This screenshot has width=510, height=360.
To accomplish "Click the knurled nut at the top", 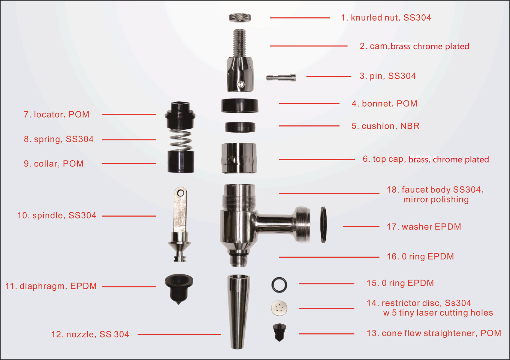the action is click(240, 18).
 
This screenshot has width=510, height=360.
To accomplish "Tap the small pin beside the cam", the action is click(281, 78).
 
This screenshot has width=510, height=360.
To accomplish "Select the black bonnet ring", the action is click(240, 106).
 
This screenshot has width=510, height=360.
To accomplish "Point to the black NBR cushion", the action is click(240, 127).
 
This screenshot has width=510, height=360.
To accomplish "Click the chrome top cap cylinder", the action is click(239, 158).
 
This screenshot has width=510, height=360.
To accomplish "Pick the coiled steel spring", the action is click(180, 140).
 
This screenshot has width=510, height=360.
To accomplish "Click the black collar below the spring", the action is click(181, 162).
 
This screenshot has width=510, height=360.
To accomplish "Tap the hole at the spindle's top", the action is click(180, 193).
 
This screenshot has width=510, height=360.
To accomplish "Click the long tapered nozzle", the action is click(238, 312).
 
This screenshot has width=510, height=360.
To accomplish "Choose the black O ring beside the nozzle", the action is click(279, 285).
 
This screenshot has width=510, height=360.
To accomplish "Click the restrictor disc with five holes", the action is click(279, 308).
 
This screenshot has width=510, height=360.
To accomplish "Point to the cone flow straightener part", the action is click(279, 332).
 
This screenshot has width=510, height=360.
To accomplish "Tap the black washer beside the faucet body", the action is click(324, 225).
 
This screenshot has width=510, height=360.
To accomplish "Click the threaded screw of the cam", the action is click(240, 43).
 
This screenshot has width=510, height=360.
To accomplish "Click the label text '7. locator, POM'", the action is click(57, 115).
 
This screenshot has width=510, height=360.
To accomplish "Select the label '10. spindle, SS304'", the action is click(57, 215).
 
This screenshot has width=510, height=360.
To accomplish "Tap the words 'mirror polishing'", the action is click(436, 199).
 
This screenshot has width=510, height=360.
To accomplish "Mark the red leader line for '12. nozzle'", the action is click(179, 334).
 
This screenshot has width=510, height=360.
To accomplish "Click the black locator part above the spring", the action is click(180, 115).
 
